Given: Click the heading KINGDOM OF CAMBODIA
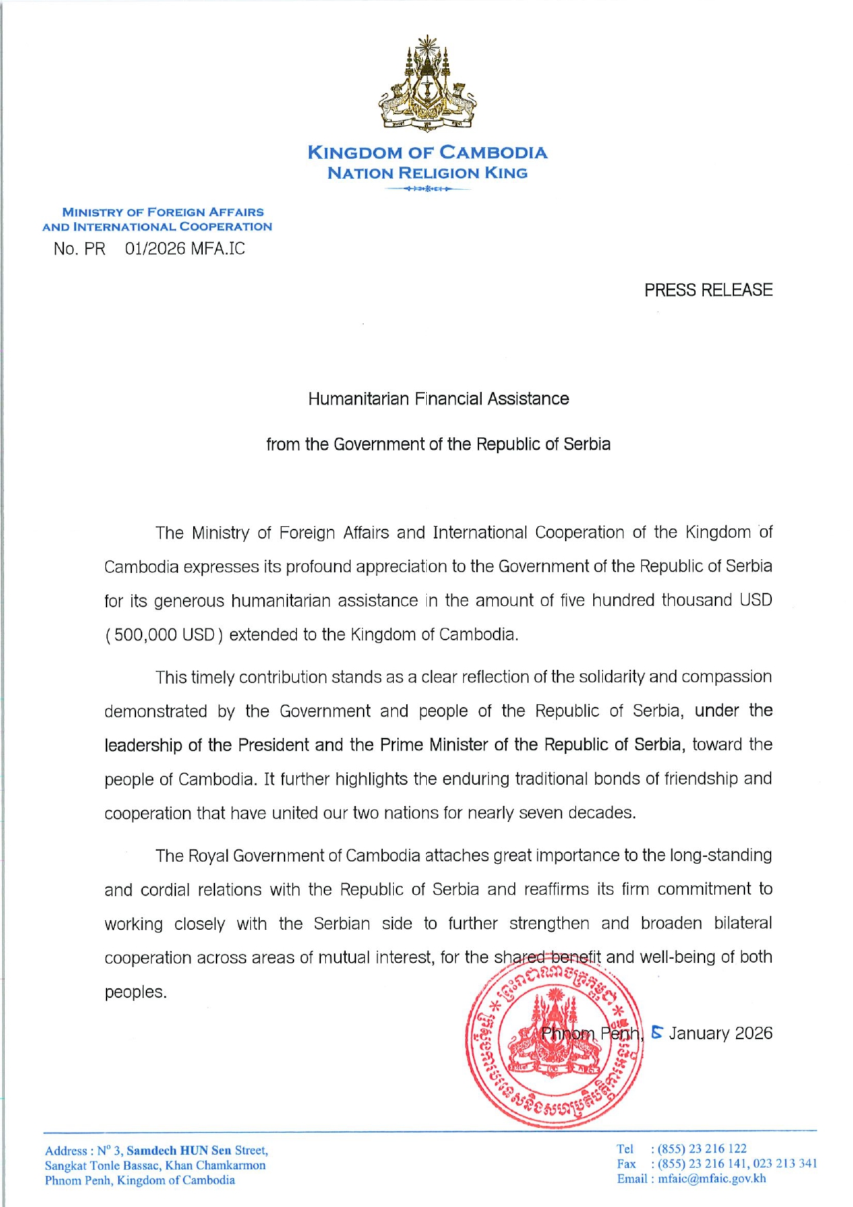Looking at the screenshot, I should pyautogui.click(x=427, y=152).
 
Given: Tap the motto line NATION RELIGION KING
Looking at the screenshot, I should pyautogui.click(x=427, y=173).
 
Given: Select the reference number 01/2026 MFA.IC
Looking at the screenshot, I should pyautogui.click(x=184, y=249).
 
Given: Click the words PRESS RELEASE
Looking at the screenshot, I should pyautogui.click(x=708, y=290).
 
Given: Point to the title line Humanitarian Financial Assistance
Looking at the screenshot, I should pyautogui.click(x=438, y=399).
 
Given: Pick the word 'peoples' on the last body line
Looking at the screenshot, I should pyautogui.click(x=135, y=992).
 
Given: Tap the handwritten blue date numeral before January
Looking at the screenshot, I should pyautogui.click(x=657, y=1032).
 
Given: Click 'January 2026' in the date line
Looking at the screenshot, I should pyautogui.click(x=720, y=1034).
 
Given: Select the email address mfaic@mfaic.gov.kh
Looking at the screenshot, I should pyautogui.click(x=711, y=1179).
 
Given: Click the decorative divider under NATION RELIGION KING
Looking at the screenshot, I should pyautogui.click(x=427, y=188).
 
